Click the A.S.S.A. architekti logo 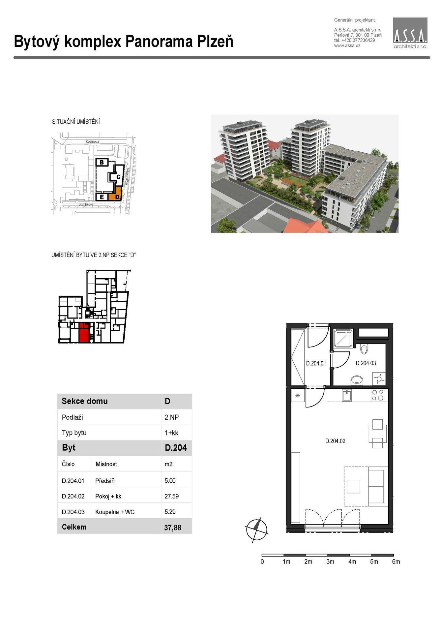[410, 33]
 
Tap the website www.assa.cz [347, 46]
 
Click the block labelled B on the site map [102, 162]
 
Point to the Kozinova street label [92, 141]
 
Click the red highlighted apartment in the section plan [84, 333]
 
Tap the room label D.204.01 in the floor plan [316, 363]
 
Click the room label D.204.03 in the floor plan [366, 363]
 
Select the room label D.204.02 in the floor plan [335, 441]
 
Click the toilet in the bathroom [364, 348]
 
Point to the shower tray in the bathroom [343, 338]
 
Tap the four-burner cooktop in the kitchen [377, 395]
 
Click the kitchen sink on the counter [347, 395]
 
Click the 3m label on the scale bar [330, 562]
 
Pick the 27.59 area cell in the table [171, 496]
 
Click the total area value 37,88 [173, 527]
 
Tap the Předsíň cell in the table [105, 481]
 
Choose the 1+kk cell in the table [171, 433]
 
